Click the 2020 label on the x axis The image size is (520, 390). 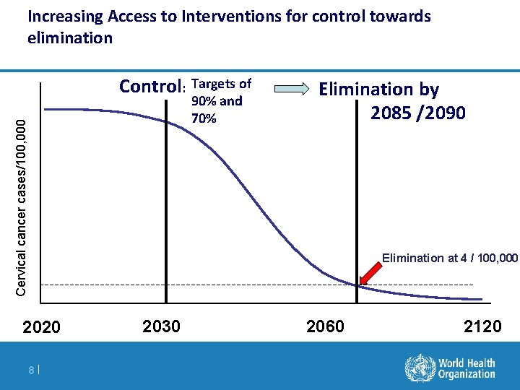tap(42, 327)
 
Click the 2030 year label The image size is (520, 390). tap(162, 326)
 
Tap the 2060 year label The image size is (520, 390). tap(326, 326)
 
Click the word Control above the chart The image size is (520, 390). tap(152, 87)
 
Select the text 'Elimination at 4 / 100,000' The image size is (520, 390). tap(449, 258)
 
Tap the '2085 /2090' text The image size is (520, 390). tap(417, 113)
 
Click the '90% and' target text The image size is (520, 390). tap(217, 101)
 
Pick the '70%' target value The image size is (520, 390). tap(204, 118)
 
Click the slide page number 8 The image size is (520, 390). tap(32, 370)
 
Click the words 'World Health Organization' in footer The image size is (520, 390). tap(467, 368)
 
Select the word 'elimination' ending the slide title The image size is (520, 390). tap(70, 38)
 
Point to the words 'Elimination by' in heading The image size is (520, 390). tap(379, 90)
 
